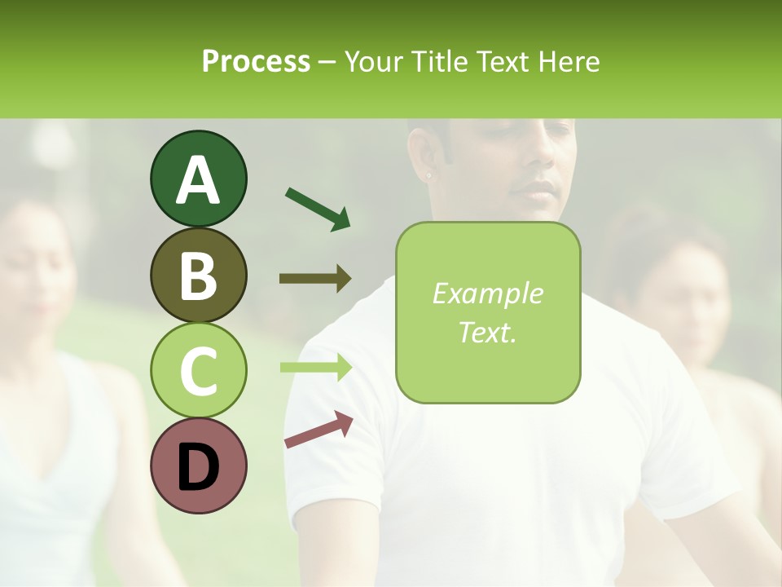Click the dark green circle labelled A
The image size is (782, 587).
point(198,179)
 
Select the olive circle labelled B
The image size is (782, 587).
point(198,275)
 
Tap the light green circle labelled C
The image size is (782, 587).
point(198,370)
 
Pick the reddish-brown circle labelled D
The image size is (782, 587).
point(198,466)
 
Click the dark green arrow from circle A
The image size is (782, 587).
point(318,209)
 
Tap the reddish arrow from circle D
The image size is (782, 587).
point(319,430)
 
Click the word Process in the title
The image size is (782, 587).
point(256,61)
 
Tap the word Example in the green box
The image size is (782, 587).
point(487,293)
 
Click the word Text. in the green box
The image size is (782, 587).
point(487,332)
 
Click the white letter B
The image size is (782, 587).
point(198,276)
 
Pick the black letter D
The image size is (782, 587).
point(198,466)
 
